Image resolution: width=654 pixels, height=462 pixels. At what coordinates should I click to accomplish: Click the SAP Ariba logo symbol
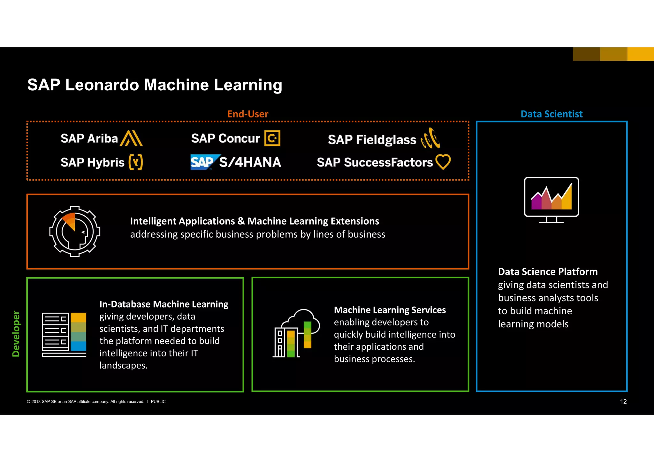[x=131, y=138]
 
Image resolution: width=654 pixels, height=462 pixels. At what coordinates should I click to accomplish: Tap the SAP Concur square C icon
[x=272, y=138]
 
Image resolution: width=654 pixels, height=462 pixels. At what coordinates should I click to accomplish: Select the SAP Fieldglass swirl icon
[x=430, y=138]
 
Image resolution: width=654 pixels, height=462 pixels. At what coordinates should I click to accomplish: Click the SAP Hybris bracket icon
[x=135, y=162]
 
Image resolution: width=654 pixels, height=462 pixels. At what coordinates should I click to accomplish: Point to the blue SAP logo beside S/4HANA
[x=204, y=162]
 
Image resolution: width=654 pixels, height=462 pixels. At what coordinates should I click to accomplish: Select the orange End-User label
[x=247, y=114]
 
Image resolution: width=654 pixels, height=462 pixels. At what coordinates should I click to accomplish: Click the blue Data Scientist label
[x=551, y=114]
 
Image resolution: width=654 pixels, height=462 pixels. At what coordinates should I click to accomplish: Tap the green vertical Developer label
[x=16, y=333]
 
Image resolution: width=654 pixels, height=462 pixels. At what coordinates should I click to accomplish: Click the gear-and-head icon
[x=75, y=231]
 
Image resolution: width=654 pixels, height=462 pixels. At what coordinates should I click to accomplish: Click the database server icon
[x=64, y=334]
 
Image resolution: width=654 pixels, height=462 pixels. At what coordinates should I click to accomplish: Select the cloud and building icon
[x=296, y=333]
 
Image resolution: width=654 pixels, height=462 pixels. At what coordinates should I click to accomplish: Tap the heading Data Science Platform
[x=548, y=272]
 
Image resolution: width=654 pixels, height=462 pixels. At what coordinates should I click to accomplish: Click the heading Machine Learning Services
[x=390, y=310]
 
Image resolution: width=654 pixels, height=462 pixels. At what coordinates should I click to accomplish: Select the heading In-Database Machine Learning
[x=164, y=304]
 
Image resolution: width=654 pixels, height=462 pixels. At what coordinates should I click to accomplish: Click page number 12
[x=623, y=402]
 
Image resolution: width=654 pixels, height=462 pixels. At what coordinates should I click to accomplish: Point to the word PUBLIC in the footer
[x=158, y=402]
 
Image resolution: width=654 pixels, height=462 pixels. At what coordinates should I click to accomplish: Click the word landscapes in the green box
[x=123, y=365]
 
